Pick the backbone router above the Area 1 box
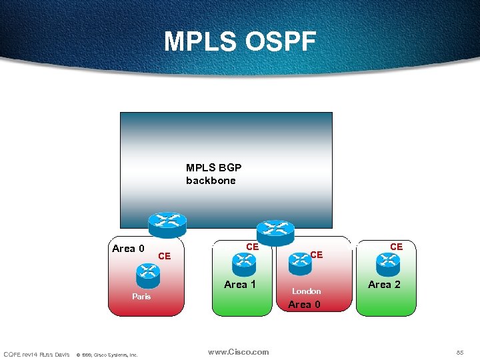click(x=275, y=231)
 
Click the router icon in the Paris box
click(x=147, y=273)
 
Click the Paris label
click(x=141, y=296)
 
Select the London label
click(x=307, y=291)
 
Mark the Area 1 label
click(x=240, y=285)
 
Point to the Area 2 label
click(x=385, y=285)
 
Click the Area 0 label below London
click(x=304, y=305)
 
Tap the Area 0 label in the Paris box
click(x=128, y=249)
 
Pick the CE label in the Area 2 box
click(x=396, y=247)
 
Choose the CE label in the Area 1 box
click(x=252, y=247)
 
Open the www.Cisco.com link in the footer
click(x=239, y=352)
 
